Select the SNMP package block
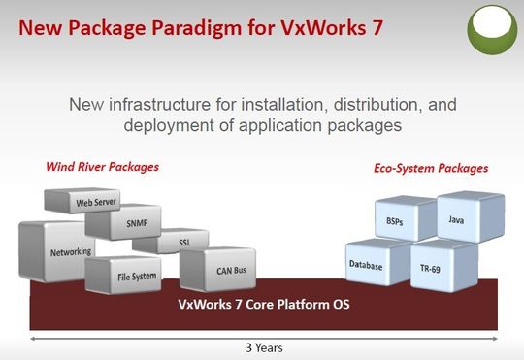[x=135, y=222]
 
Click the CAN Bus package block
[x=219, y=269]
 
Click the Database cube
[x=366, y=265]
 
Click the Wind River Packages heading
[x=102, y=167]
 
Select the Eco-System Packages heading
[x=431, y=169]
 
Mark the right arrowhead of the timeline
[x=495, y=338]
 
